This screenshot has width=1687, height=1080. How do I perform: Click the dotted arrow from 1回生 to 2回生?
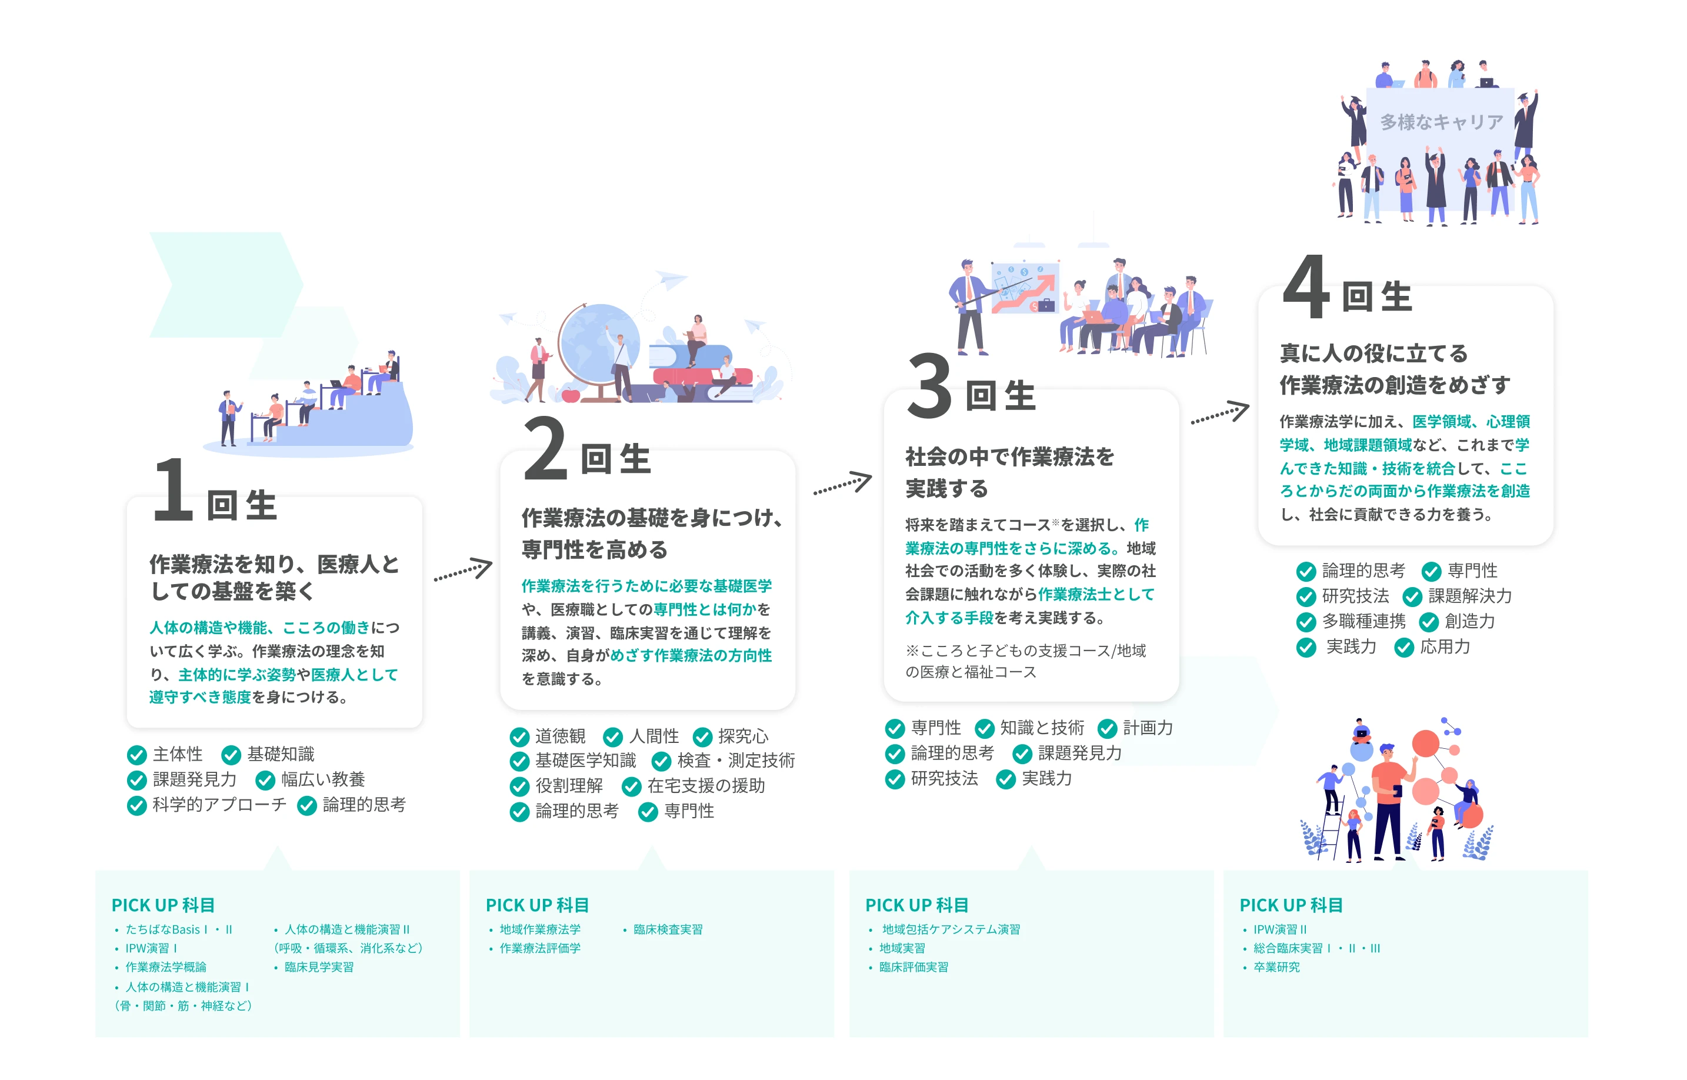coord(463,569)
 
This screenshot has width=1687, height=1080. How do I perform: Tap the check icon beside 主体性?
coord(136,755)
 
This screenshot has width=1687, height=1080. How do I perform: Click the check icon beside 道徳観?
coord(519,736)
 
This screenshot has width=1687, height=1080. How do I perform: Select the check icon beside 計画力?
coord(1107,729)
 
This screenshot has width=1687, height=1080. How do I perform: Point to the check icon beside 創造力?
coord(1428,622)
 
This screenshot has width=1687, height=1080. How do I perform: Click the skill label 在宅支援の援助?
coord(705,785)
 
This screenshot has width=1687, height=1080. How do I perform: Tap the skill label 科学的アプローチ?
coord(219,804)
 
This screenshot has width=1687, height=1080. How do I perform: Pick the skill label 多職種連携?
coord(1363,621)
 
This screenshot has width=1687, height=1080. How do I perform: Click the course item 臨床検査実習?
coord(668,929)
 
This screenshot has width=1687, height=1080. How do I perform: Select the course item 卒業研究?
coord(1276,967)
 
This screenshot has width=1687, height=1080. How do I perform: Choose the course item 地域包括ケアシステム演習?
coord(951,929)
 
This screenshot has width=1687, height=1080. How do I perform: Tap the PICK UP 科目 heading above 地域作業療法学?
coord(537,905)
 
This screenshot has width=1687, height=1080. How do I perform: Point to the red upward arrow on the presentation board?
coord(1025,293)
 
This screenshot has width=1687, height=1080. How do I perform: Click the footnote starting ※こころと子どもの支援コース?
coord(1025,661)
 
